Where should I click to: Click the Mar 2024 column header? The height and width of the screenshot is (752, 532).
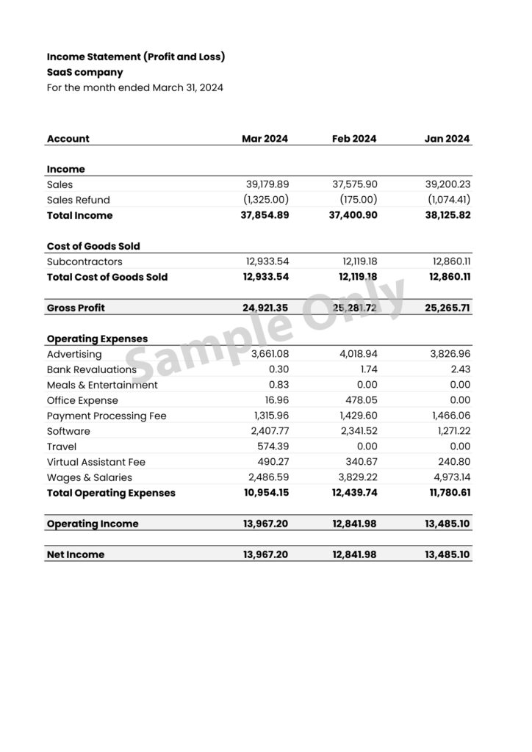[265, 139]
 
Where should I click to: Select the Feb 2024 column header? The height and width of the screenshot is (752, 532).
[354, 139]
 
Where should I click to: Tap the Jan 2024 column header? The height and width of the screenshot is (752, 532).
[447, 139]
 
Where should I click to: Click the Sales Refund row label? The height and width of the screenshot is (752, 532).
[78, 200]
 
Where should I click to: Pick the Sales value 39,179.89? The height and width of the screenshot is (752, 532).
[267, 185]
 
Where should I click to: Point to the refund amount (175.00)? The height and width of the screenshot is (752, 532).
[359, 200]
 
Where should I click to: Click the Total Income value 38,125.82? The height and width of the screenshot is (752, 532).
[447, 216]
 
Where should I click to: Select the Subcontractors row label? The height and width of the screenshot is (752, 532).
[85, 262]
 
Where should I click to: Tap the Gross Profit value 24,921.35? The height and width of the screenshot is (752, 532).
[265, 308]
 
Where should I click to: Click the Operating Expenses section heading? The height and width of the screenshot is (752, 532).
[97, 339]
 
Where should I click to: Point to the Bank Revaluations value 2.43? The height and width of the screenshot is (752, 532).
[461, 370]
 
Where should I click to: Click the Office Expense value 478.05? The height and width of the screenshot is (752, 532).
[362, 401]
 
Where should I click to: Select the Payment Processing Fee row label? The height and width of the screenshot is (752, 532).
[107, 416]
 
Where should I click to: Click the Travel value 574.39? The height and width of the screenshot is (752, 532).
[273, 447]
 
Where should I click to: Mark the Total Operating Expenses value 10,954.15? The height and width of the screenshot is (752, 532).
[265, 493]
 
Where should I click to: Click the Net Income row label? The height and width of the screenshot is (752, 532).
[76, 555]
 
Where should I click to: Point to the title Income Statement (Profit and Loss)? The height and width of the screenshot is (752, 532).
[136, 57]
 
